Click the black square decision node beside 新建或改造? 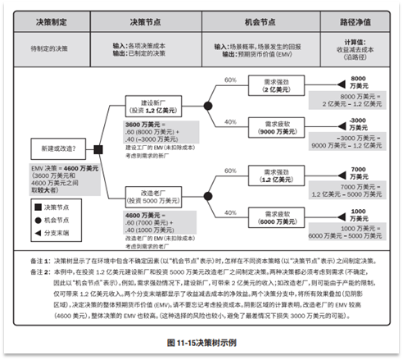click(x=98, y=148)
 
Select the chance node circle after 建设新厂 click(x=207, y=107)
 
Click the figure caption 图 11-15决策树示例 click(x=201, y=339)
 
